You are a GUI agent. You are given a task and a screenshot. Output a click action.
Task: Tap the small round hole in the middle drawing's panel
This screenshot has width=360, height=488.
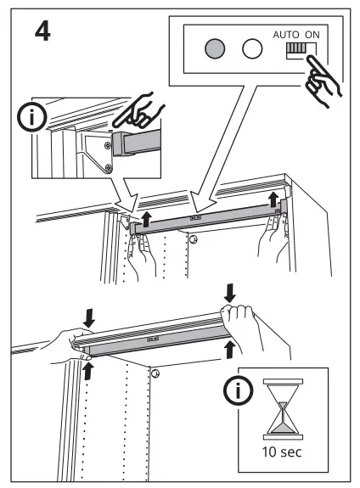click(x=194, y=240)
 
